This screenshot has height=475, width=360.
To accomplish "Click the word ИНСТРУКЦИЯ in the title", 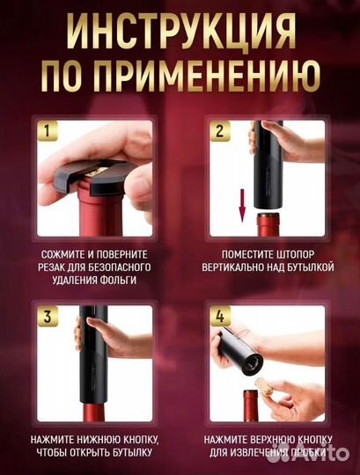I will click(180, 34).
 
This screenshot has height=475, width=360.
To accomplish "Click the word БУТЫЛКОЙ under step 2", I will click(305, 266).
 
